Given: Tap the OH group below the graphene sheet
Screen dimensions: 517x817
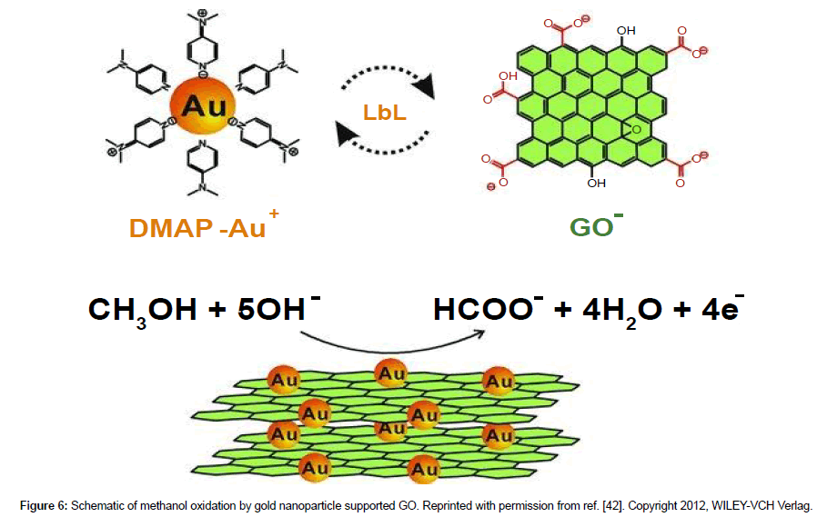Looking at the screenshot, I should coord(597,183).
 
